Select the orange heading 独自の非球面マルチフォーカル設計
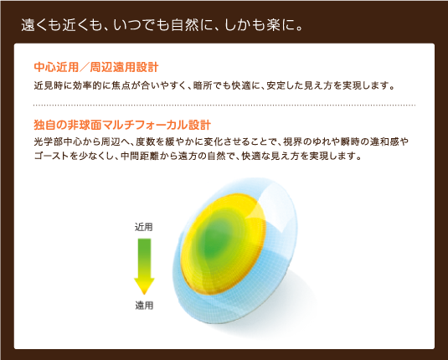point(121,125)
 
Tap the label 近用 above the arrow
point(144,226)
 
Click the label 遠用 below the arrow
point(144,305)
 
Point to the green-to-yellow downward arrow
point(144,265)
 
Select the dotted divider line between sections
point(224,105)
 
